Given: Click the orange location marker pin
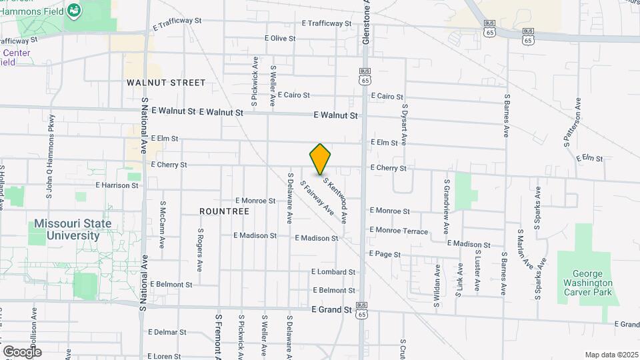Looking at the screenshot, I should (320, 159).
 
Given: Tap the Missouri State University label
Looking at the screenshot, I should (73, 229).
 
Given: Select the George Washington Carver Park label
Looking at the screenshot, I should (587, 283).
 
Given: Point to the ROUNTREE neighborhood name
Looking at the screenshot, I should (224, 211).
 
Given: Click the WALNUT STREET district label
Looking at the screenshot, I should (166, 83).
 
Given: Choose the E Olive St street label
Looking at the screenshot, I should (280, 39).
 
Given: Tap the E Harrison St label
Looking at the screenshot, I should (117, 185).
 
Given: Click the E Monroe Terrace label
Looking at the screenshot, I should (399, 231).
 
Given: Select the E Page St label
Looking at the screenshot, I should (385, 254).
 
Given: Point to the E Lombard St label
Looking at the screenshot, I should (333, 272).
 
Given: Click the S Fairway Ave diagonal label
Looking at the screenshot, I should (317, 198).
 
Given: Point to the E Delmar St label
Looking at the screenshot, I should (167, 332).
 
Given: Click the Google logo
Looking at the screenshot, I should (22, 351).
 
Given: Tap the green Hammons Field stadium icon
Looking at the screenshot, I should (73, 11).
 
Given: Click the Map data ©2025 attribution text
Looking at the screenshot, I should (610, 355).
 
